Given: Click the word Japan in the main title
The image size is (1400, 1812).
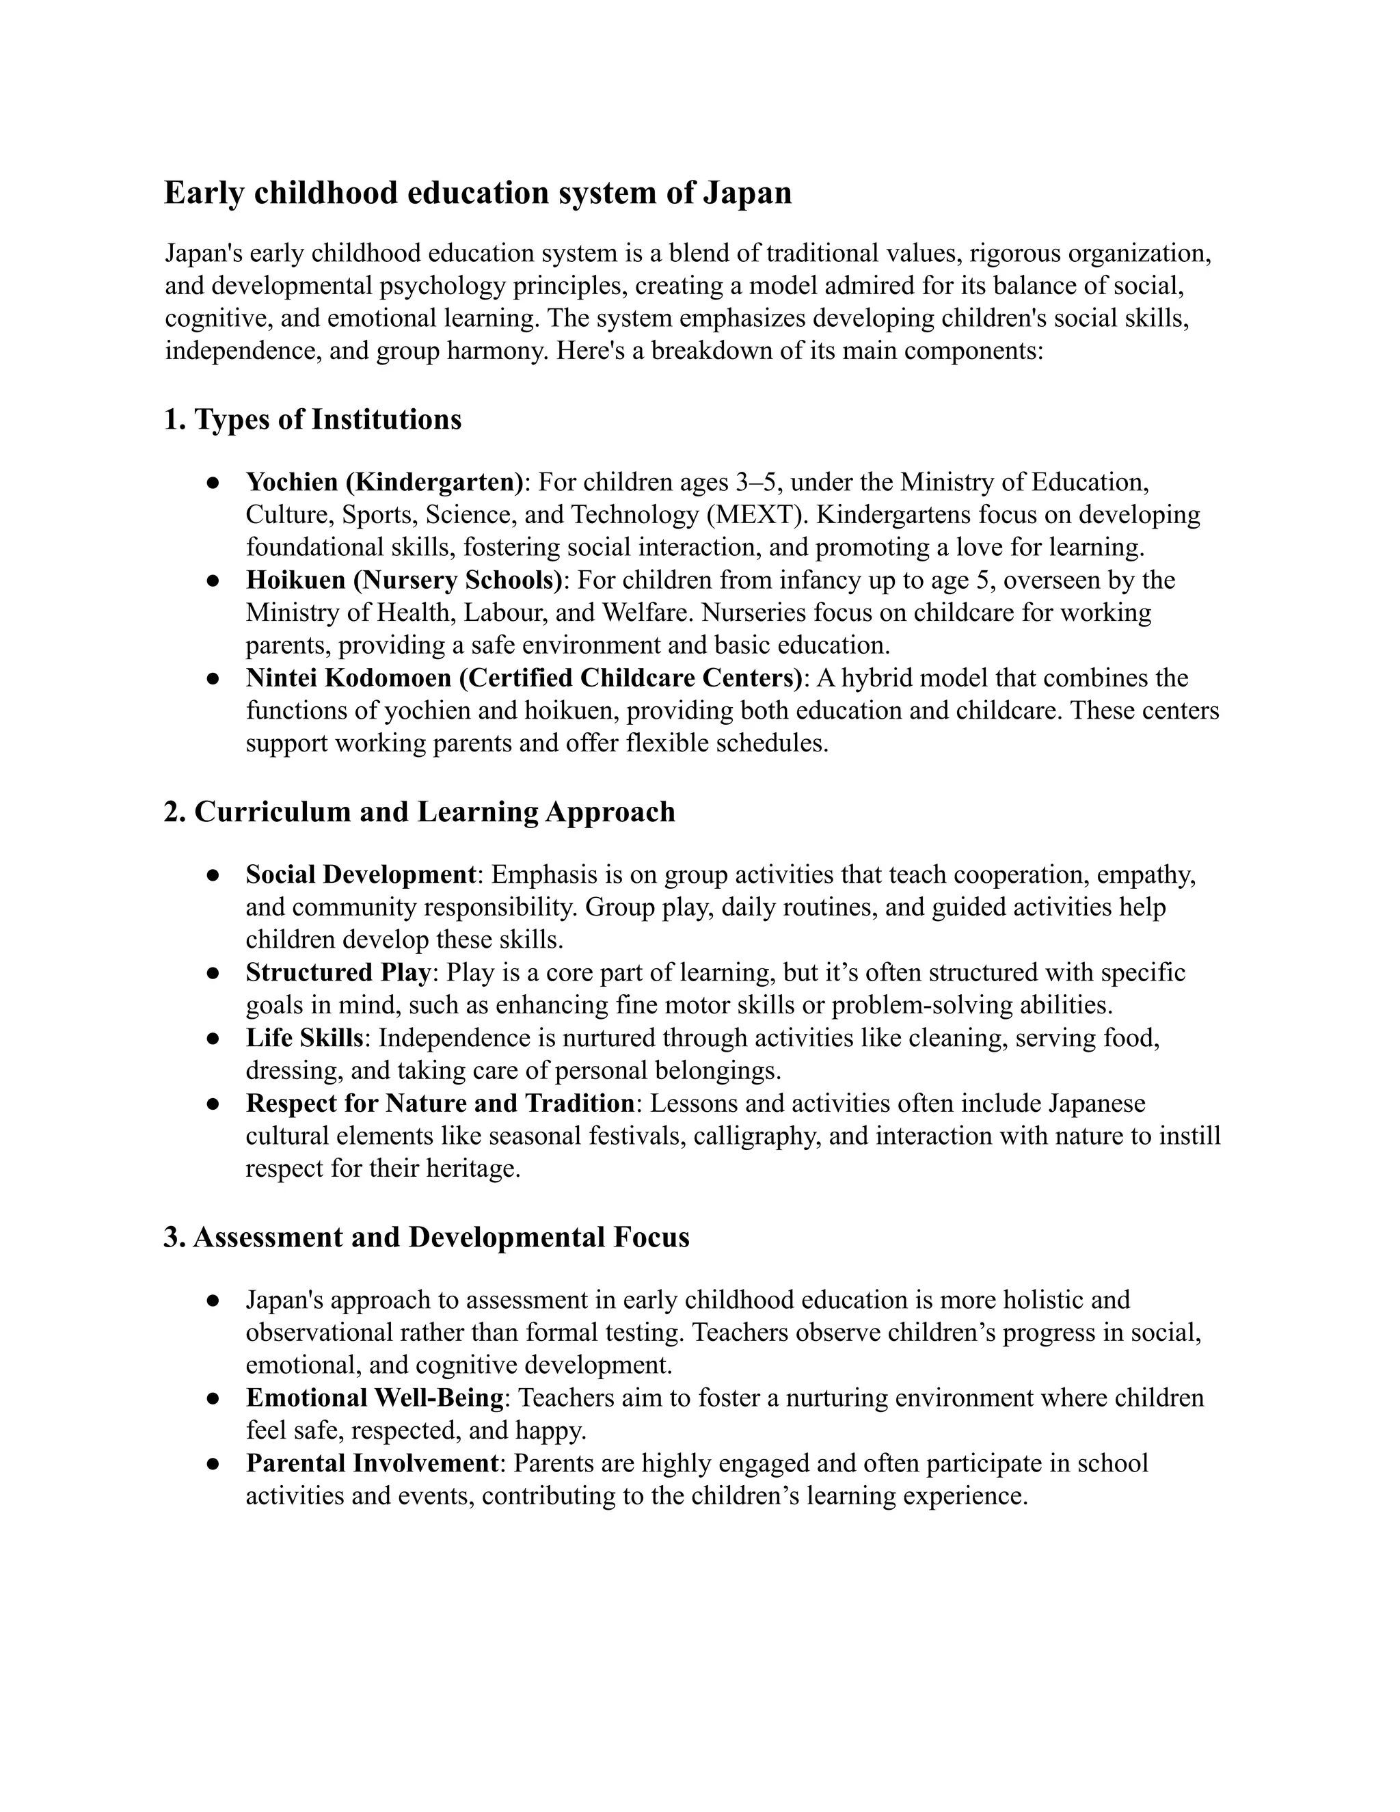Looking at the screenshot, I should pyautogui.click(x=747, y=194).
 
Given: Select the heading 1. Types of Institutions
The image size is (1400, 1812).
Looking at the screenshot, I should pyautogui.click(x=312, y=420).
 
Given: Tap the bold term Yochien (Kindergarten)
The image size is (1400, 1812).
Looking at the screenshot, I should pyautogui.click(x=385, y=482).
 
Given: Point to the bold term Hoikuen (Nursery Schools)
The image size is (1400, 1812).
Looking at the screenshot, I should pyautogui.click(x=404, y=580).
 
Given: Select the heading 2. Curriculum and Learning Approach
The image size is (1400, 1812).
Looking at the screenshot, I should pyautogui.click(x=419, y=812).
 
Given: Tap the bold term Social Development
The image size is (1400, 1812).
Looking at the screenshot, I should pyautogui.click(x=361, y=875).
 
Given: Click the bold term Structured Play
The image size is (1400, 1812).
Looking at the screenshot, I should pyautogui.click(x=338, y=972).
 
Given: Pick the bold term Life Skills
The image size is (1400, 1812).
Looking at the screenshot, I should pyautogui.click(x=304, y=1038).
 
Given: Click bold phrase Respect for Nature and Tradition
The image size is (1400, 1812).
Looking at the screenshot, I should pyautogui.click(x=440, y=1104).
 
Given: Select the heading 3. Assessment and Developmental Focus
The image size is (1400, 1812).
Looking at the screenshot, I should pyautogui.click(x=427, y=1237).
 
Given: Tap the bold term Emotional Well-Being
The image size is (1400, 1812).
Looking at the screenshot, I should pyautogui.click(x=374, y=1398).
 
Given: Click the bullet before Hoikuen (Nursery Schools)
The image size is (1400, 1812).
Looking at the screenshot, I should pyautogui.click(x=213, y=581).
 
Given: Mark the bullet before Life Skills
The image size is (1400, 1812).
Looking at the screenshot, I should pyautogui.click(x=213, y=1039).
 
